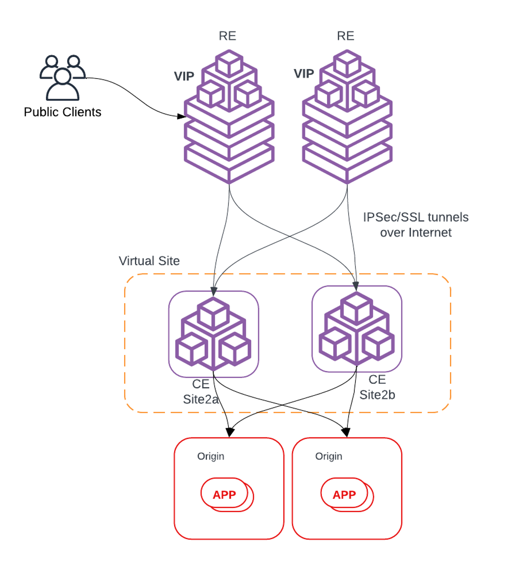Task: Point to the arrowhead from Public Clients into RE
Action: point(182,116)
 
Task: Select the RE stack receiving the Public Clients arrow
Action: point(229,125)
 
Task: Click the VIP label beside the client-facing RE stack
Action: point(184,77)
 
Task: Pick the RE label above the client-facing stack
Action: point(227,36)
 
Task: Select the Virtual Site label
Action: point(149,261)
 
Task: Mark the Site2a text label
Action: point(201,399)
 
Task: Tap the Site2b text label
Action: point(377,395)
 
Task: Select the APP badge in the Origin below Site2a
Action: point(224,495)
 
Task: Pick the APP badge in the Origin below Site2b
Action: point(344,495)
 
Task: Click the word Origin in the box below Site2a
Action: point(211,456)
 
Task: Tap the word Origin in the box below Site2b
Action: point(329,456)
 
